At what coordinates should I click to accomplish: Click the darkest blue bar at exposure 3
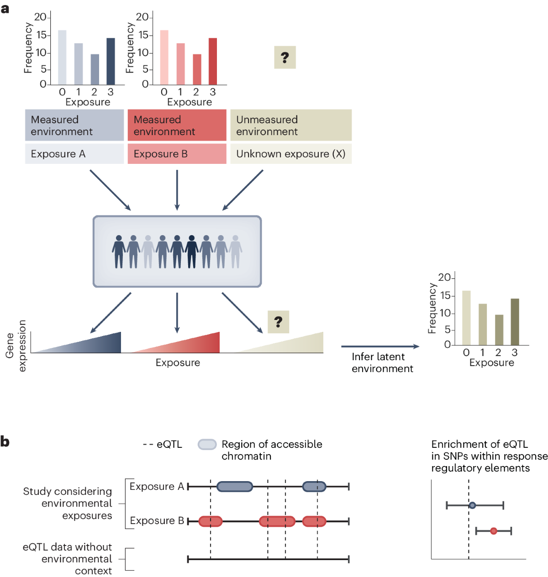111,61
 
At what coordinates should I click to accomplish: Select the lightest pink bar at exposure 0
164,57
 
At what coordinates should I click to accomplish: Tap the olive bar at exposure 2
499,330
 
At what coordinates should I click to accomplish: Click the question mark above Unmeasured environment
285,58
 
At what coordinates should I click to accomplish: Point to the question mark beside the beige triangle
278,322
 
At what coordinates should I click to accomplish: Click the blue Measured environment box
74,125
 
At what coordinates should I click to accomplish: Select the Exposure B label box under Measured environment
177,154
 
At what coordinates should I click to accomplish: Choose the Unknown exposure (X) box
291,154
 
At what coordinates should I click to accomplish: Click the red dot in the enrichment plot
494,531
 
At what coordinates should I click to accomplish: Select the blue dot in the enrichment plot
472,505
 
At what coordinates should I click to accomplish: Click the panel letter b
5,442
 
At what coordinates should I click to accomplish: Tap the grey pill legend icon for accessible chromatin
207,444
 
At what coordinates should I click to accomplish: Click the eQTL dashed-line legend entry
162,444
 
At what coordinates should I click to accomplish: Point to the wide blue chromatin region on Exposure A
235,487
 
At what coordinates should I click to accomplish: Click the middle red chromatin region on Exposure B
277,521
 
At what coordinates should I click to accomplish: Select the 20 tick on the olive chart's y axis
444,278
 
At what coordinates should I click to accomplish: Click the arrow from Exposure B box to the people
177,190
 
